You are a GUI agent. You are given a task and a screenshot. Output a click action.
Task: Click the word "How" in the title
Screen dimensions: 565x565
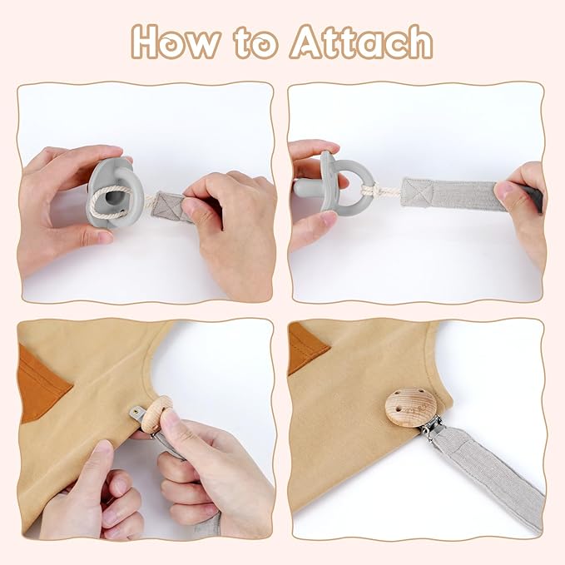176,42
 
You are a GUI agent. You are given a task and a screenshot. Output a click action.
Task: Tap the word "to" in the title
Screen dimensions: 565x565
256,42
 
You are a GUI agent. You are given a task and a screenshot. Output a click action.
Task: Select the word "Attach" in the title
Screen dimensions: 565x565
362,42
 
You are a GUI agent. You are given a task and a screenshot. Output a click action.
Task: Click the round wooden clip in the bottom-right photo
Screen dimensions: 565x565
411,407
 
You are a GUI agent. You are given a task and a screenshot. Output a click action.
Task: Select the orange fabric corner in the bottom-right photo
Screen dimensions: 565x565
305,347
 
